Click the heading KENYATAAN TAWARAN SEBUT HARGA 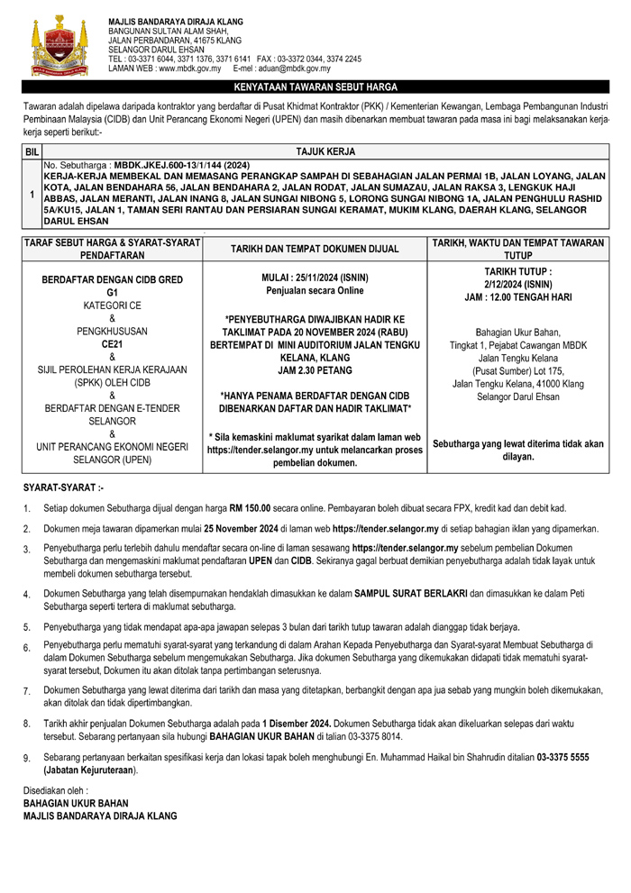click(x=315, y=88)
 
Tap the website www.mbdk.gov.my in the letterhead click(x=189, y=68)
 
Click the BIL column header click(x=32, y=153)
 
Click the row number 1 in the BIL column click(x=32, y=195)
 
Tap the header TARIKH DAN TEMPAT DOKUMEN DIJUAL click(x=315, y=247)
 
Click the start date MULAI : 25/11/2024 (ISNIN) click(x=315, y=278)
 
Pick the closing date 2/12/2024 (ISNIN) click(x=517, y=282)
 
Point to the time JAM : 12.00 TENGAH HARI click(x=517, y=295)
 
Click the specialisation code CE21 click(x=112, y=344)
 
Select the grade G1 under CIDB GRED click(x=112, y=294)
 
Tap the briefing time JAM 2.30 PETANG click(x=315, y=369)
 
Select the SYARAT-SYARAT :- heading click(x=64, y=488)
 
